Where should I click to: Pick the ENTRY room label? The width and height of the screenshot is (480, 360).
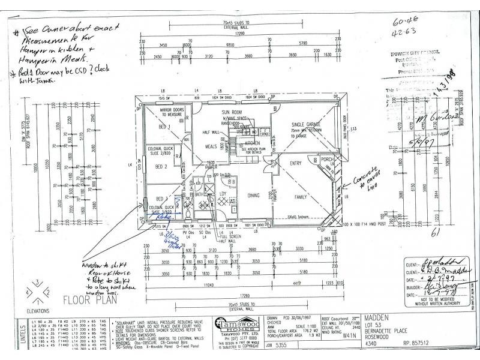click(296, 163)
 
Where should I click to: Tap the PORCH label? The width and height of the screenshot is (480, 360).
click(326, 160)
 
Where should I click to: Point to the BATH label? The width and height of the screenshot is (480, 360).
click(199, 194)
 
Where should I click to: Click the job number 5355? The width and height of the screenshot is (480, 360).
click(291, 346)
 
